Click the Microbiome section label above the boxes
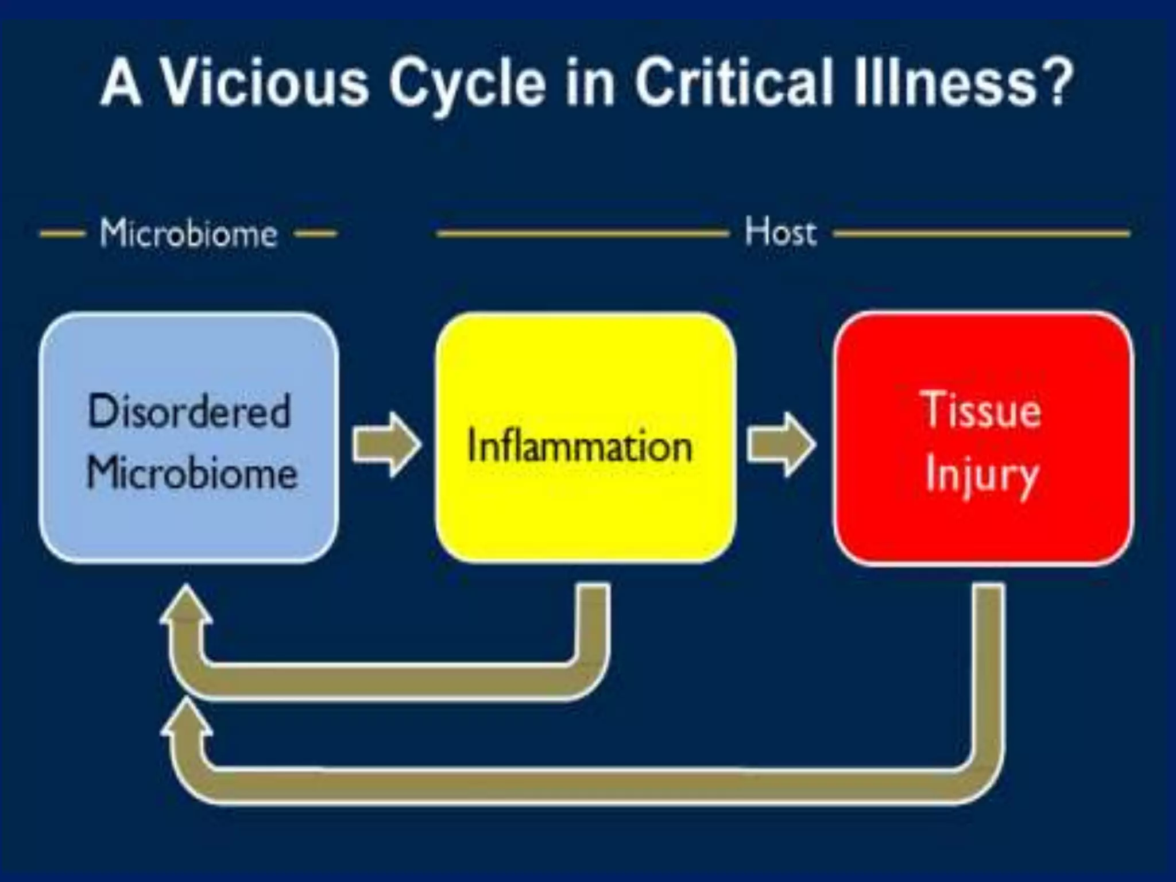[188, 233]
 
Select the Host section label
[780, 232]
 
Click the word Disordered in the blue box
[189, 411]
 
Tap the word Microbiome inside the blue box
[192, 474]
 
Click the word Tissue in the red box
[982, 410]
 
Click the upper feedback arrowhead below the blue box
[185, 606]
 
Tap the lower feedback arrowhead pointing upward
[185, 721]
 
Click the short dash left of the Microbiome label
[62, 234]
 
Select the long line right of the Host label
[982, 233]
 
